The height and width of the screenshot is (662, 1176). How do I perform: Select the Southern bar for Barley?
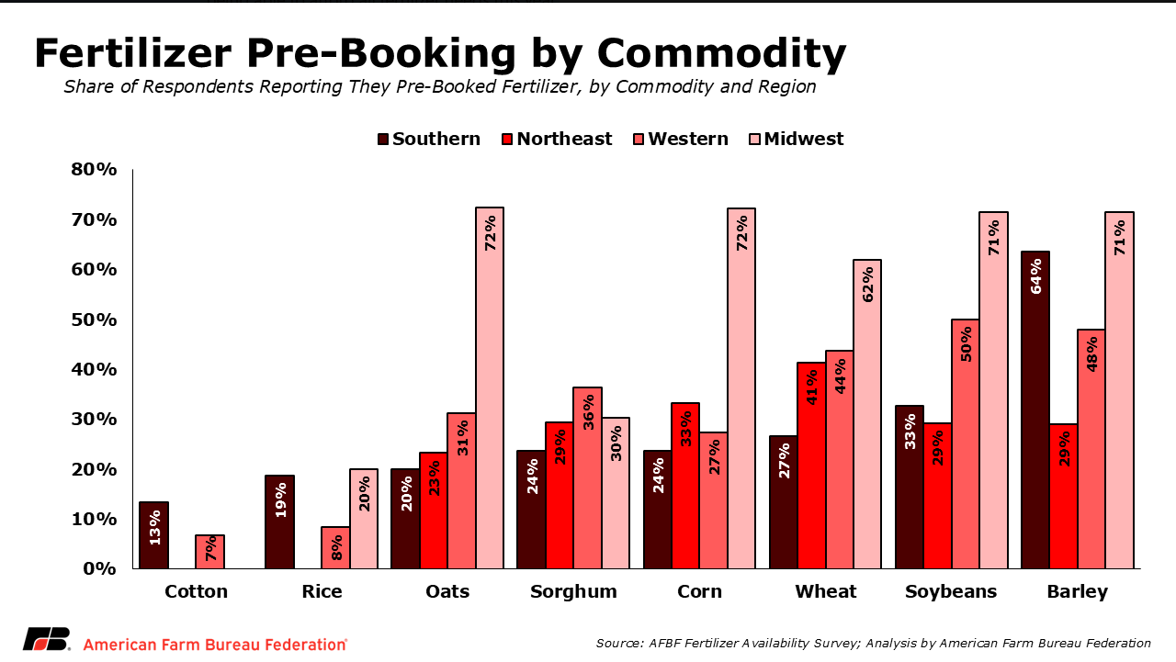(1035, 410)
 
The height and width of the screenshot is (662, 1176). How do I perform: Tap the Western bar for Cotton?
(209, 552)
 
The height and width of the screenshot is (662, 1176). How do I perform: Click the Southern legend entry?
(427, 139)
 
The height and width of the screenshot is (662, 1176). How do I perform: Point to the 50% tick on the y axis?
(95, 320)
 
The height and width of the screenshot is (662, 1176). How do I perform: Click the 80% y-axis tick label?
(95, 170)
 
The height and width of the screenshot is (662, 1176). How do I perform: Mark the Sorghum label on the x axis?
(573, 591)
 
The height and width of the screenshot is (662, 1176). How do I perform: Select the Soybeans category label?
(951, 591)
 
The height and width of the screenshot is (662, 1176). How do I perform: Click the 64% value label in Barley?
(1036, 278)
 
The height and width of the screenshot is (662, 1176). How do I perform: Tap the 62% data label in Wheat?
(867, 285)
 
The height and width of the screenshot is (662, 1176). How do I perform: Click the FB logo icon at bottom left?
(46, 640)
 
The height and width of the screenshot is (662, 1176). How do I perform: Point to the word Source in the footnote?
(620, 643)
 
